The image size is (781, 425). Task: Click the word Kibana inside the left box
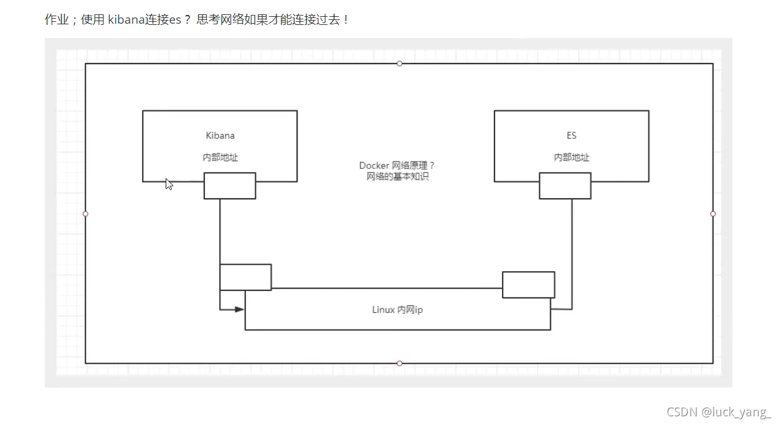(220, 135)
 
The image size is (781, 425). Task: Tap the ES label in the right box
(571, 135)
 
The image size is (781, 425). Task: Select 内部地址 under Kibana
(220, 158)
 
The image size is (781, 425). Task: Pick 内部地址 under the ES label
(571, 158)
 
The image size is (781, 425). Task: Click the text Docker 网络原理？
(397, 165)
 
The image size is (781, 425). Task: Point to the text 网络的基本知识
(397, 176)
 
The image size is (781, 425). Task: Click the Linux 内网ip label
(397, 310)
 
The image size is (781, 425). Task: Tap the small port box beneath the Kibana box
(229, 186)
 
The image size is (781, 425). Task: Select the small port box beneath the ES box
(565, 186)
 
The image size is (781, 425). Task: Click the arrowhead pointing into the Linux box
(239, 308)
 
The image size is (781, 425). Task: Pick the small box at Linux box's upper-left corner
(245, 277)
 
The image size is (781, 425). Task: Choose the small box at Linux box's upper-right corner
(528, 284)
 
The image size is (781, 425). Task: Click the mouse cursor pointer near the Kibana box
(168, 183)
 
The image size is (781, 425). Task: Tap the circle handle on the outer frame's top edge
(399, 64)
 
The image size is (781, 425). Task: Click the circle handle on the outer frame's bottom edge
(399, 363)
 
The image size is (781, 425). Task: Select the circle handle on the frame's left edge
(85, 214)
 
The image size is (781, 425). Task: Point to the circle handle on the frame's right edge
(713, 214)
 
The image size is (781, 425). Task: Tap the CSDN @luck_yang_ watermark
(718, 412)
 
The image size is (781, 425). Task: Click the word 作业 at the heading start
(56, 19)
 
